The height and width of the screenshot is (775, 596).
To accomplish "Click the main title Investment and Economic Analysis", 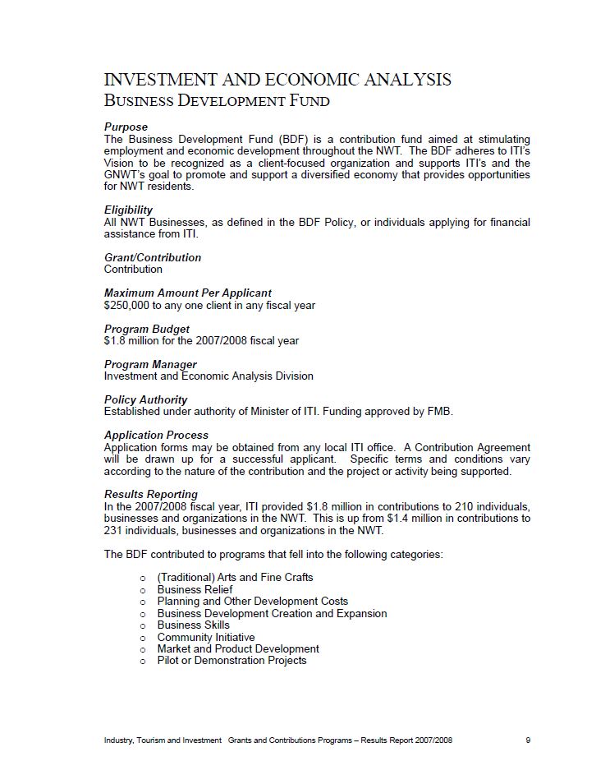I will [x=277, y=80].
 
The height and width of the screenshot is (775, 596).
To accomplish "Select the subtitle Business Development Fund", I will [x=217, y=101].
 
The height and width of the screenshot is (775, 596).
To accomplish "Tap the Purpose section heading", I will [x=126, y=127].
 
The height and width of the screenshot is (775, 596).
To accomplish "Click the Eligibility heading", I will [x=128, y=210].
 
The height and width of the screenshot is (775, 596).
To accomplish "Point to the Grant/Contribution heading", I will [x=153, y=257].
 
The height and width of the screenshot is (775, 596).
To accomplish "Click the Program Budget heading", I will [x=147, y=329].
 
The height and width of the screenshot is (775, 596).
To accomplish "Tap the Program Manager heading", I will [x=150, y=364].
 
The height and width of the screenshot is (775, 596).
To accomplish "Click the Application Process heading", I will [x=156, y=435].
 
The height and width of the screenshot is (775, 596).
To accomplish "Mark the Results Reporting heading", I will [x=151, y=494].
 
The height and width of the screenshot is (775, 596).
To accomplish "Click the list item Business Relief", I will [x=195, y=589].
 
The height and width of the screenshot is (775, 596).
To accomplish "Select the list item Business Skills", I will [x=193, y=625].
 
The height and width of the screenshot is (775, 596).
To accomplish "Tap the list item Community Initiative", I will [x=206, y=637].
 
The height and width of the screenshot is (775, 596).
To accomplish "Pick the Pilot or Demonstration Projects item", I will [x=232, y=660].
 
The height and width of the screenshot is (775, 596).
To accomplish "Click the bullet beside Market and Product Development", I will [x=143, y=649].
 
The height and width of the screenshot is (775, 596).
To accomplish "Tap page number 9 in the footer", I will [x=528, y=740].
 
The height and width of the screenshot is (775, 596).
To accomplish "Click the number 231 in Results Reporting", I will [x=114, y=530].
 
